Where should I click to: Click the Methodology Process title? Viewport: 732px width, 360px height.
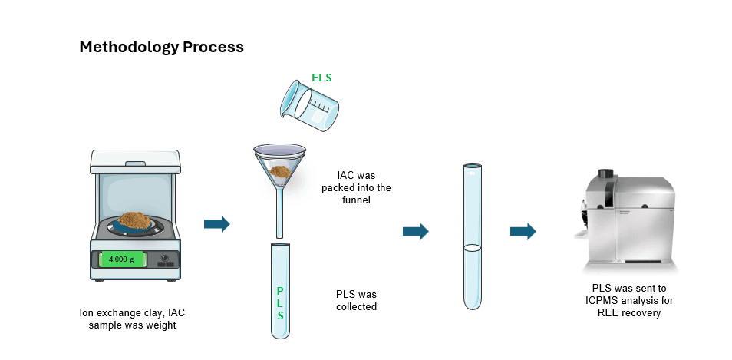(161, 47)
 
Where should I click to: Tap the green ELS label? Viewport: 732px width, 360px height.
(321, 78)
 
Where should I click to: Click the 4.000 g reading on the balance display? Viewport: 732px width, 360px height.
(121, 259)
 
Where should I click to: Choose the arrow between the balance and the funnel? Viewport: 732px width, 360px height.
(217, 224)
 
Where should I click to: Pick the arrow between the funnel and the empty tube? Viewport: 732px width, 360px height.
(415, 231)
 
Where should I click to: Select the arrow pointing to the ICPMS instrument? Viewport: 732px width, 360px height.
(523, 231)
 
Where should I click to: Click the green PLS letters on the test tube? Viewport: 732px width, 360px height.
(280, 303)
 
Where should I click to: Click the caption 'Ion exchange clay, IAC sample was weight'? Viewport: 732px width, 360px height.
(134, 319)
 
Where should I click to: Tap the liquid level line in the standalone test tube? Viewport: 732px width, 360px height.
(473, 247)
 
